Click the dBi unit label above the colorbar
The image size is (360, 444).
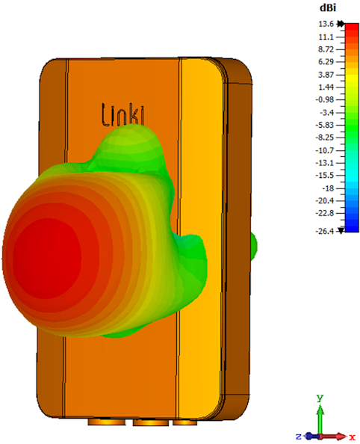pos(328,8)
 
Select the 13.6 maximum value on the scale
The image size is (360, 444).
pos(326,24)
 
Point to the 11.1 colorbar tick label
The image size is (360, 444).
pos(326,37)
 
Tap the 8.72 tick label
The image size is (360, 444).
pos(326,49)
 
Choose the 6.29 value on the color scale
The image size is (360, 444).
pos(326,62)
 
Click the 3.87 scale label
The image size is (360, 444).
pos(326,75)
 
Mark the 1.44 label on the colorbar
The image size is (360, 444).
pos(326,87)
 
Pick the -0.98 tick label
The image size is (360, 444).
pos(325,99)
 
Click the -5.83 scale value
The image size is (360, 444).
pos(325,125)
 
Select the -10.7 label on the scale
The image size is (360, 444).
pos(325,150)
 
